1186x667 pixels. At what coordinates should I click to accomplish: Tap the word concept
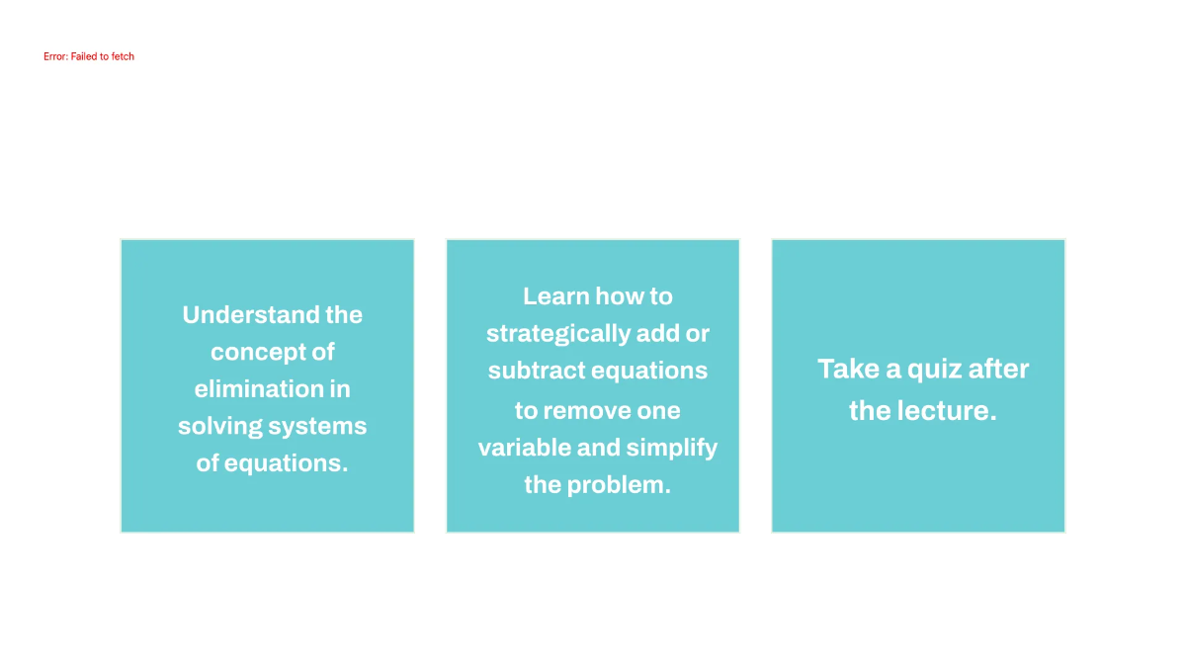[260, 352]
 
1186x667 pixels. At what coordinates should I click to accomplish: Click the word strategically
[557, 334]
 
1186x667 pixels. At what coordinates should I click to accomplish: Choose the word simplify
[672, 448]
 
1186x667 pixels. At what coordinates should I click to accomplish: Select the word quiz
[932, 370]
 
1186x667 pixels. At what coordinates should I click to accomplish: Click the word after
[998, 370]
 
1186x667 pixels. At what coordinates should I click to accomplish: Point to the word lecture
[946, 411]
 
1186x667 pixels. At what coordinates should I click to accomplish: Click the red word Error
[54, 57]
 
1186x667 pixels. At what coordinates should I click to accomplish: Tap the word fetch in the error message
[122, 57]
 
